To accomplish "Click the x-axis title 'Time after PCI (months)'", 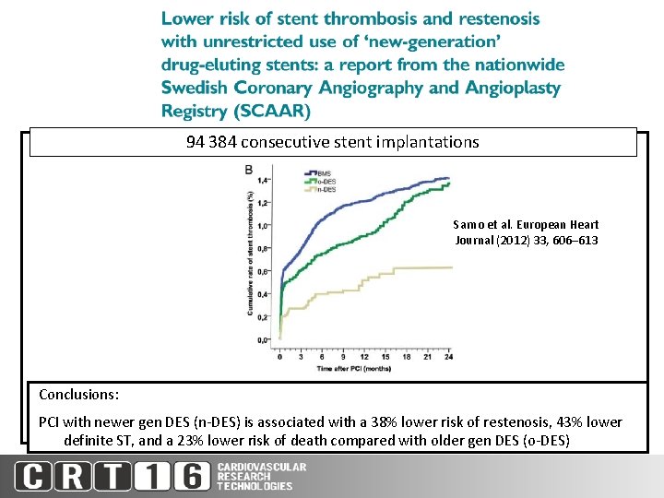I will coord(365,368).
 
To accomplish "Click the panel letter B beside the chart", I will coord(249,170).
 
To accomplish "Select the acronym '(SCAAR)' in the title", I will coord(274,111).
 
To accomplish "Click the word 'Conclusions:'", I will coord(78,394).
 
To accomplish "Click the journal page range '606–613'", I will coord(576,240).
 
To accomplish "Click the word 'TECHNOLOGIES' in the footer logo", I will coord(255,486).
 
